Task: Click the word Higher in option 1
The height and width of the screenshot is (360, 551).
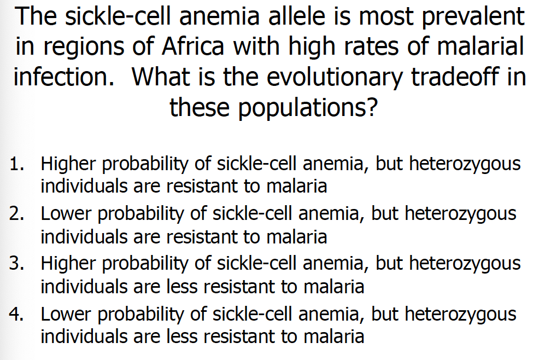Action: click(68, 164)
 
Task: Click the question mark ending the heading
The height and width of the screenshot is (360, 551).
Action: click(371, 107)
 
